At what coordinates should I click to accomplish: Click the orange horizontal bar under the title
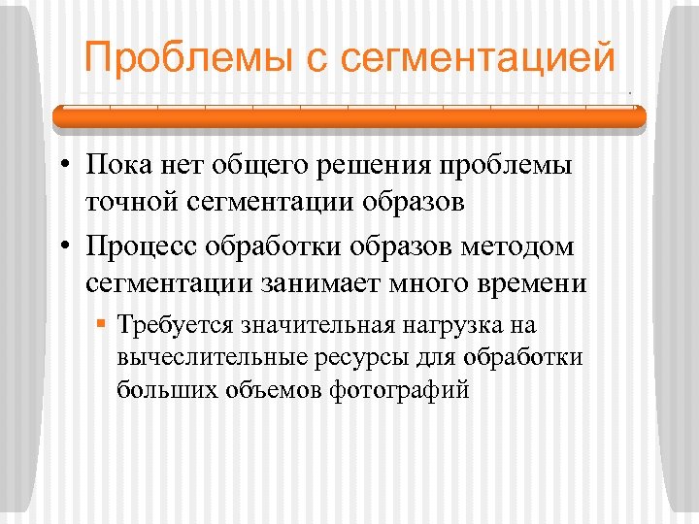point(349,117)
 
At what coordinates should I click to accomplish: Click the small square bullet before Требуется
point(101,323)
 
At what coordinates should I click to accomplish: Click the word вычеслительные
point(208,356)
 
